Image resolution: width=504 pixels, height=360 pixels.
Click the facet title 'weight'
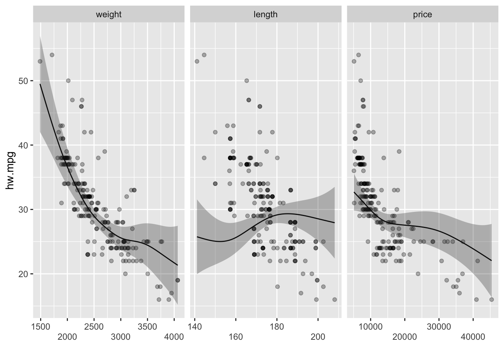109,15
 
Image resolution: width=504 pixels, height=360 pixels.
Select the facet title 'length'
265,15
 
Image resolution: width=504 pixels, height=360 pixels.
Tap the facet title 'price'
422,15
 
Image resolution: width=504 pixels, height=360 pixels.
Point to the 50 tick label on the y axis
23,81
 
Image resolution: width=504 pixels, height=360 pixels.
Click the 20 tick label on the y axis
23,274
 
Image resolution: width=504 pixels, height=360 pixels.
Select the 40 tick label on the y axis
23,145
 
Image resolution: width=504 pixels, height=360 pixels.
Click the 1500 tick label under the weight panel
40,326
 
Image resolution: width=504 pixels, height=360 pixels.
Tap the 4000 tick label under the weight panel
174,337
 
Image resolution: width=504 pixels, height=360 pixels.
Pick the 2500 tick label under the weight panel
94,326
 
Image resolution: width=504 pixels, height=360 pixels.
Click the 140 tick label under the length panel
195,326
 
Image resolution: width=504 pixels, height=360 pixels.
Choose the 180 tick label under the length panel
277,326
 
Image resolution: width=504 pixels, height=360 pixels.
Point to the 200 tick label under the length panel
318,337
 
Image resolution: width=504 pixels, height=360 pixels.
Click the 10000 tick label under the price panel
370,326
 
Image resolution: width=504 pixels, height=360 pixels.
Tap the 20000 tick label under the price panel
405,337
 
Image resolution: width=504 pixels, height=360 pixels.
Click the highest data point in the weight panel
52,55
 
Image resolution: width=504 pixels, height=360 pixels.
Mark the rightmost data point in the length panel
334,300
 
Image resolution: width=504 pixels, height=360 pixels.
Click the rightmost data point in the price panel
491,300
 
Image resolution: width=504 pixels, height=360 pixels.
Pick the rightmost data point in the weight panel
178,280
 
